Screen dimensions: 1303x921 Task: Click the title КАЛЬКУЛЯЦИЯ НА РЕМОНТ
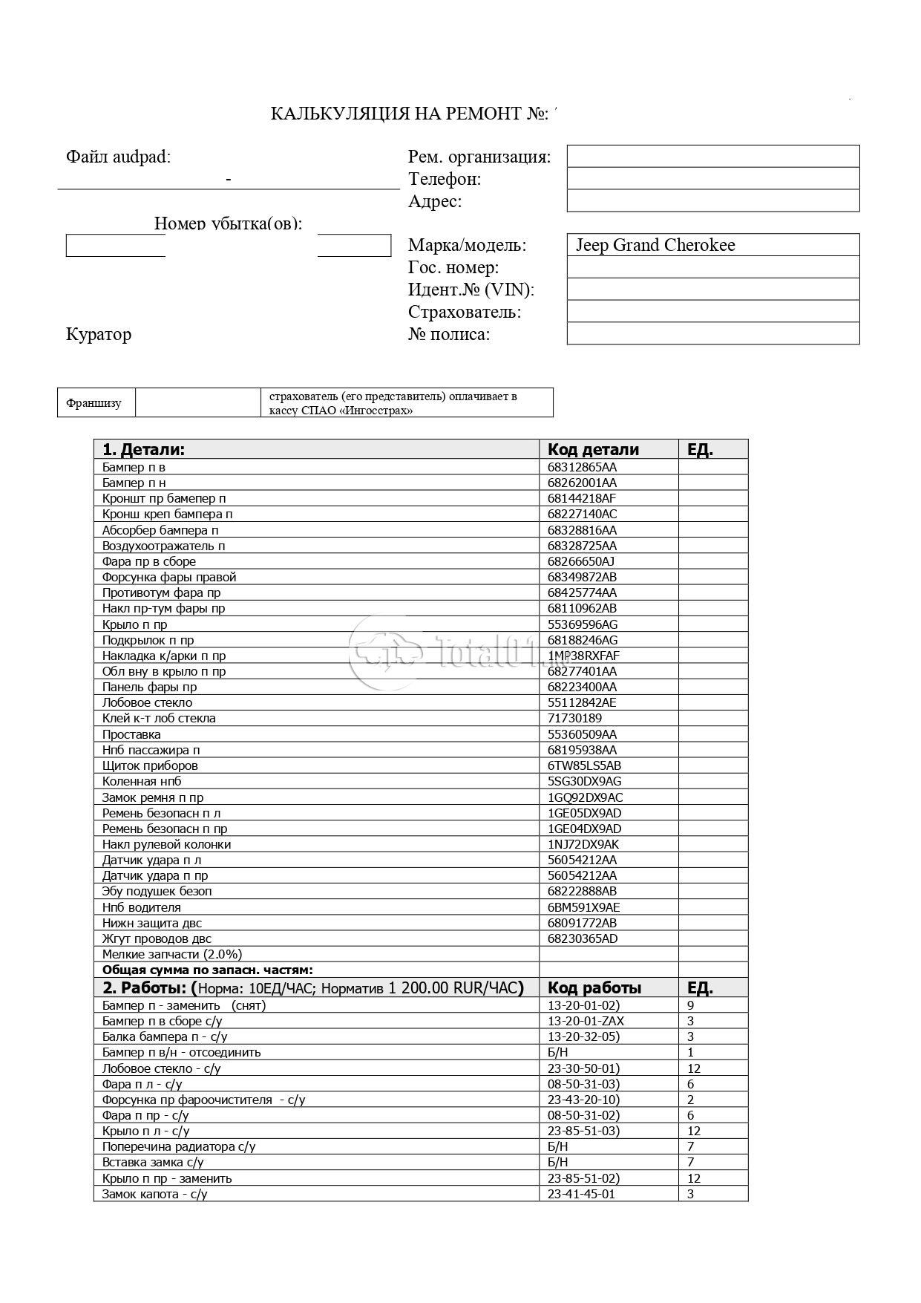(x=409, y=114)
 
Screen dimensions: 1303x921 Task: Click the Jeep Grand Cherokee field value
(x=655, y=245)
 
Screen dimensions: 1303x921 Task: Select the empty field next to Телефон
(x=712, y=179)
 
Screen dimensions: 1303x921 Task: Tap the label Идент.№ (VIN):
(x=471, y=290)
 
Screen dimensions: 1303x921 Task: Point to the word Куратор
(x=99, y=334)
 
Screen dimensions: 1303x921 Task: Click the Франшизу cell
(x=94, y=403)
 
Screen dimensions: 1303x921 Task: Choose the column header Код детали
(x=593, y=449)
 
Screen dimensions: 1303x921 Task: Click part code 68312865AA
(x=582, y=467)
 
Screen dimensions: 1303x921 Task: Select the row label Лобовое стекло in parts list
(x=147, y=702)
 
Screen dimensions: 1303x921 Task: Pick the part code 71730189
(x=574, y=718)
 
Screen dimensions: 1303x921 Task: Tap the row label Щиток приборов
(x=150, y=765)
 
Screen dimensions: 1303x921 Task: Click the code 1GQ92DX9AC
(x=585, y=797)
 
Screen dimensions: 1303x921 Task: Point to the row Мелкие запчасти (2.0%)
(x=172, y=954)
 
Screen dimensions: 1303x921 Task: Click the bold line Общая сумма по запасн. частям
(x=207, y=970)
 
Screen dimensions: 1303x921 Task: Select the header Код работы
(x=594, y=987)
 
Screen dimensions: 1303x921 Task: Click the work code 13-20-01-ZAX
(x=586, y=1021)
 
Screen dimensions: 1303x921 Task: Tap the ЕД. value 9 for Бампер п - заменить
(x=691, y=1006)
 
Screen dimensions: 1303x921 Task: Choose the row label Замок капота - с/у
(x=154, y=1194)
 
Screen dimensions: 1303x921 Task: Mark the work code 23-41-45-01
(x=581, y=1194)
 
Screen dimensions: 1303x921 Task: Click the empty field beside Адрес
(x=712, y=201)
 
